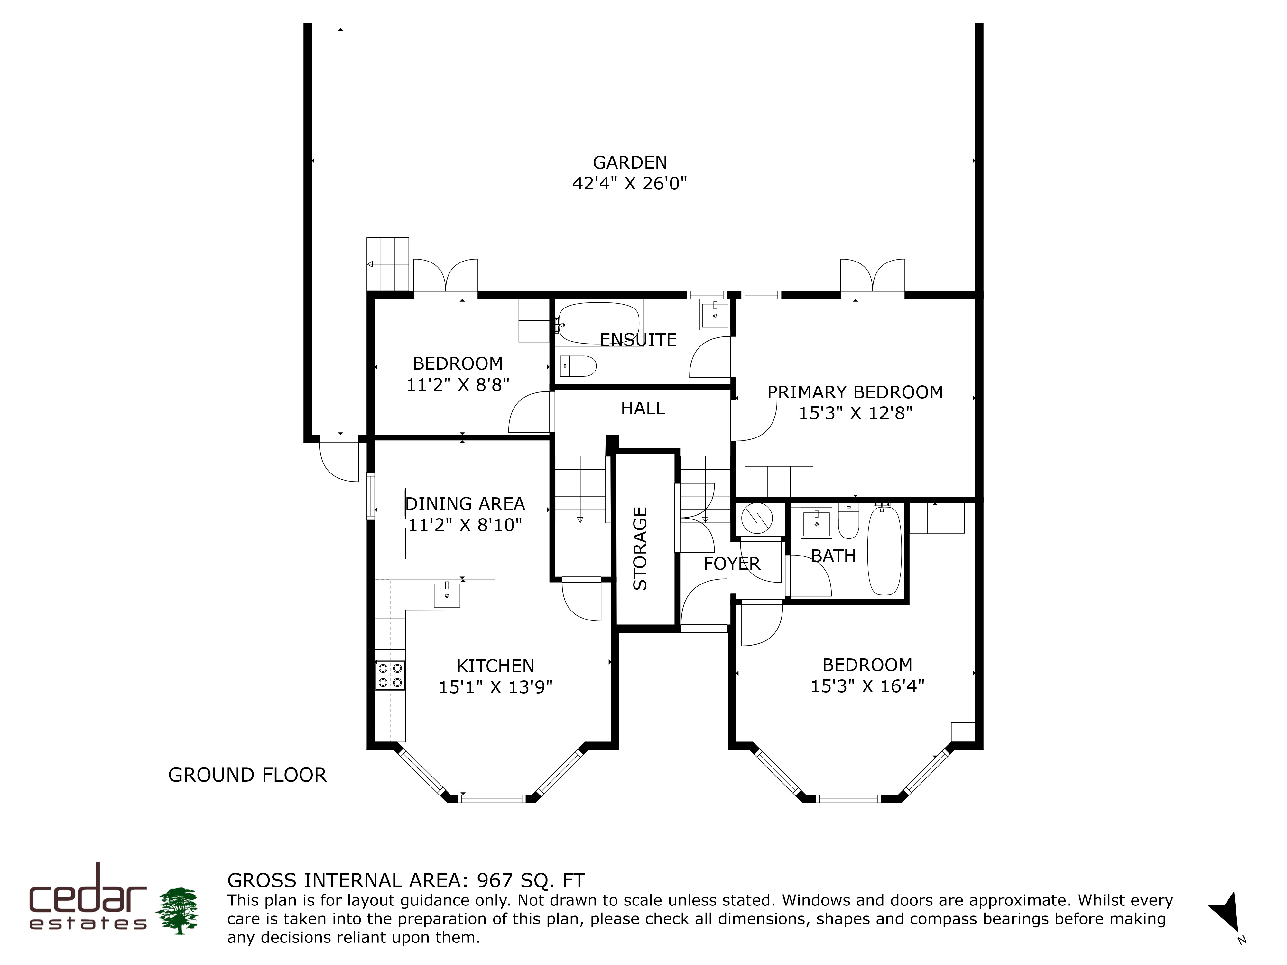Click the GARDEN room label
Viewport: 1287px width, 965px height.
pyautogui.click(x=630, y=162)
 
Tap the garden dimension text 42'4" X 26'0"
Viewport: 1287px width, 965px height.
pyautogui.click(x=630, y=184)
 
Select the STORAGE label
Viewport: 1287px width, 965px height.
pyautogui.click(x=640, y=548)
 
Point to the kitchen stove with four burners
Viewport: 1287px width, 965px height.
pyautogui.click(x=390, y=675)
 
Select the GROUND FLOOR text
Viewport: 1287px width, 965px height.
pyautogui.click(x=247, y=775)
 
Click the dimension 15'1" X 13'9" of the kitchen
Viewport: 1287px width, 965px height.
pyautogui.click(x=495, y=687)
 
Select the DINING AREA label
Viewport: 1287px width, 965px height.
pyautogui.click(x=465, y=504)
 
